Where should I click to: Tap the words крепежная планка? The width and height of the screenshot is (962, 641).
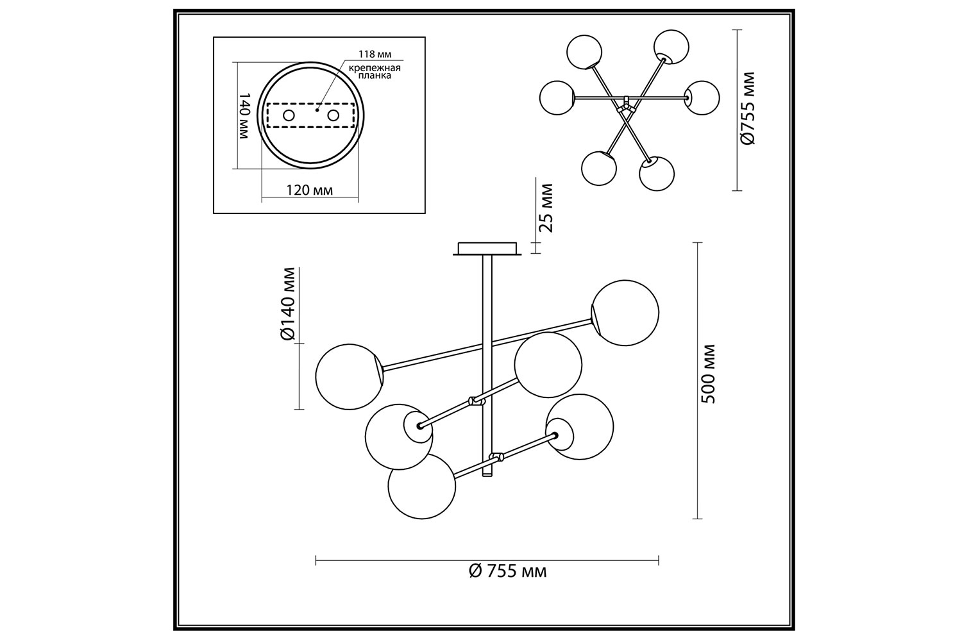tap(375, 71)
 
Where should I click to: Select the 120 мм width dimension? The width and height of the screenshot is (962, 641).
tap(310, 190)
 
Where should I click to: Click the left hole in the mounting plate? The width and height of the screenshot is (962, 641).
tap(289, 115)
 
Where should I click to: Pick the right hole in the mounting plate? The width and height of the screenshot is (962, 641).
tap(333, 115)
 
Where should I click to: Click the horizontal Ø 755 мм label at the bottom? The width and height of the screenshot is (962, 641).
tap(508, 571)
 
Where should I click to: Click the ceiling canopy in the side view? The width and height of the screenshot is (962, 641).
tap(487, 248)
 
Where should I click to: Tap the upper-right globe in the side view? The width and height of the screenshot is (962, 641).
tap(625, 313)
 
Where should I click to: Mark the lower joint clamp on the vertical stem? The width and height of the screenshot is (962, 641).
tap(495, 458)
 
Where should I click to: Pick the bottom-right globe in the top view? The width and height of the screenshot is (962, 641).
tap(656, 173)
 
